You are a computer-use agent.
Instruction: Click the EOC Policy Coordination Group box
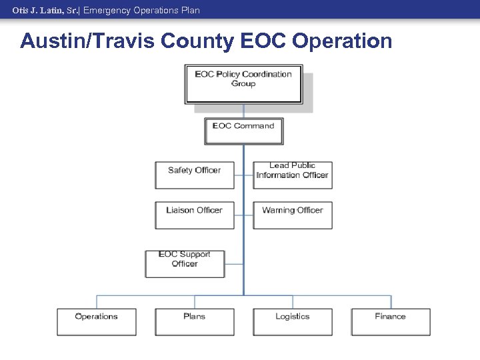pyautogui.click(x=243, y=84)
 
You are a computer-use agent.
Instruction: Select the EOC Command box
pyautogui.click(x=243, y=131)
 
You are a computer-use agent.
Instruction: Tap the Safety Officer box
pyautogui.click(x=195, y=175)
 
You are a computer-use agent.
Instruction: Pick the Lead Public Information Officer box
pyautogui.click(x=292, y=175)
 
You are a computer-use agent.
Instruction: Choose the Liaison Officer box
pyautogui.click(x=195, y=215)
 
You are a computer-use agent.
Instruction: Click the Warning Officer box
pyautogui.click(x=292, y=215)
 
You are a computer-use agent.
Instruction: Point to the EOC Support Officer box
pyautogui.click(x=185, y=263)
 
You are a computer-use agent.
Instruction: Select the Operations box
pyautogui.click(x=97, y=321)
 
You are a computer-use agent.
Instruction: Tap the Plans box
pyautogui.click(x=195, y=321)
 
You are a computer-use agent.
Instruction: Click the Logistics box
pyautogui.click(x=292, y=321)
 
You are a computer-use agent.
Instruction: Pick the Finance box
pyautogui.click(x=391, y=321)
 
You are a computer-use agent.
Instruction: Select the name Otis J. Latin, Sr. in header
pyautogui.click(x=45, y=10)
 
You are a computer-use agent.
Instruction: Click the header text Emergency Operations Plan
pyautogui.click(x=141, y=10)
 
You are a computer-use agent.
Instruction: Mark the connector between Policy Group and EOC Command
pyautogui.click(x=243, y=111)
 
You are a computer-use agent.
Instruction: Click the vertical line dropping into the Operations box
pyautogui.click(x=97, y=301)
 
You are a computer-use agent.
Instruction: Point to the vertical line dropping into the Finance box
pyautogui.click(x=391, y=301)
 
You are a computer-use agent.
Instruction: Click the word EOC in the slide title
pyautogui.click(x=256, y=41)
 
